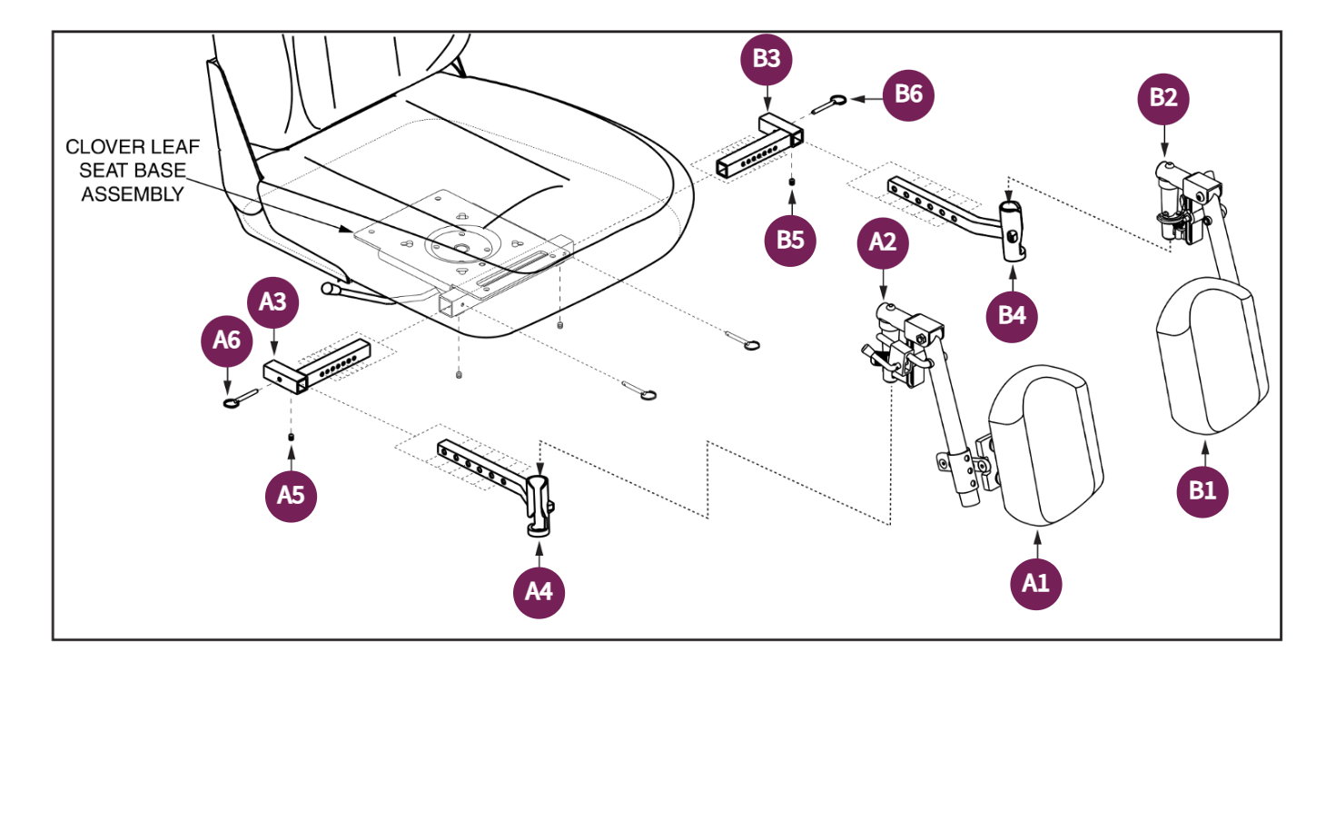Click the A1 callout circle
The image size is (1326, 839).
click(1036, 583)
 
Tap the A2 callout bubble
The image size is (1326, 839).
click(883, 242)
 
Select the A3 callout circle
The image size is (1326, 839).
click(272, 302)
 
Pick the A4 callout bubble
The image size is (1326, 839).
click(539, 592)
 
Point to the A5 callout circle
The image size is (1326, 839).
click(291, 496)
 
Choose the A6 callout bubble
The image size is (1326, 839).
click(227, 341)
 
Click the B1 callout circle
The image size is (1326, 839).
click(1202, 491)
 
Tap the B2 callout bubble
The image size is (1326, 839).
click(1163, 98)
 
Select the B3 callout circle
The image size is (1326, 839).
click(767, 59)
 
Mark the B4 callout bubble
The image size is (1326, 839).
click(1012, 316)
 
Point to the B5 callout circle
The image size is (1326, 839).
click(790, 241)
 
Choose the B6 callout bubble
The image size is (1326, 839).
click(908, 94)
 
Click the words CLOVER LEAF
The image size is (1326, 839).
click(133, 147)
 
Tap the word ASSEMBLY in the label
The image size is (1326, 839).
click(133, 194)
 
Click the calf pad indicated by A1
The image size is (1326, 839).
click(1046, 446)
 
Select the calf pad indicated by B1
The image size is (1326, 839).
click(1212, 355)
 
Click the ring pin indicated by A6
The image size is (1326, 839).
click(241, 399)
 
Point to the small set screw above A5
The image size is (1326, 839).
click(291, 438)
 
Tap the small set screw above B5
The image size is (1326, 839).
click(792, 183)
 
